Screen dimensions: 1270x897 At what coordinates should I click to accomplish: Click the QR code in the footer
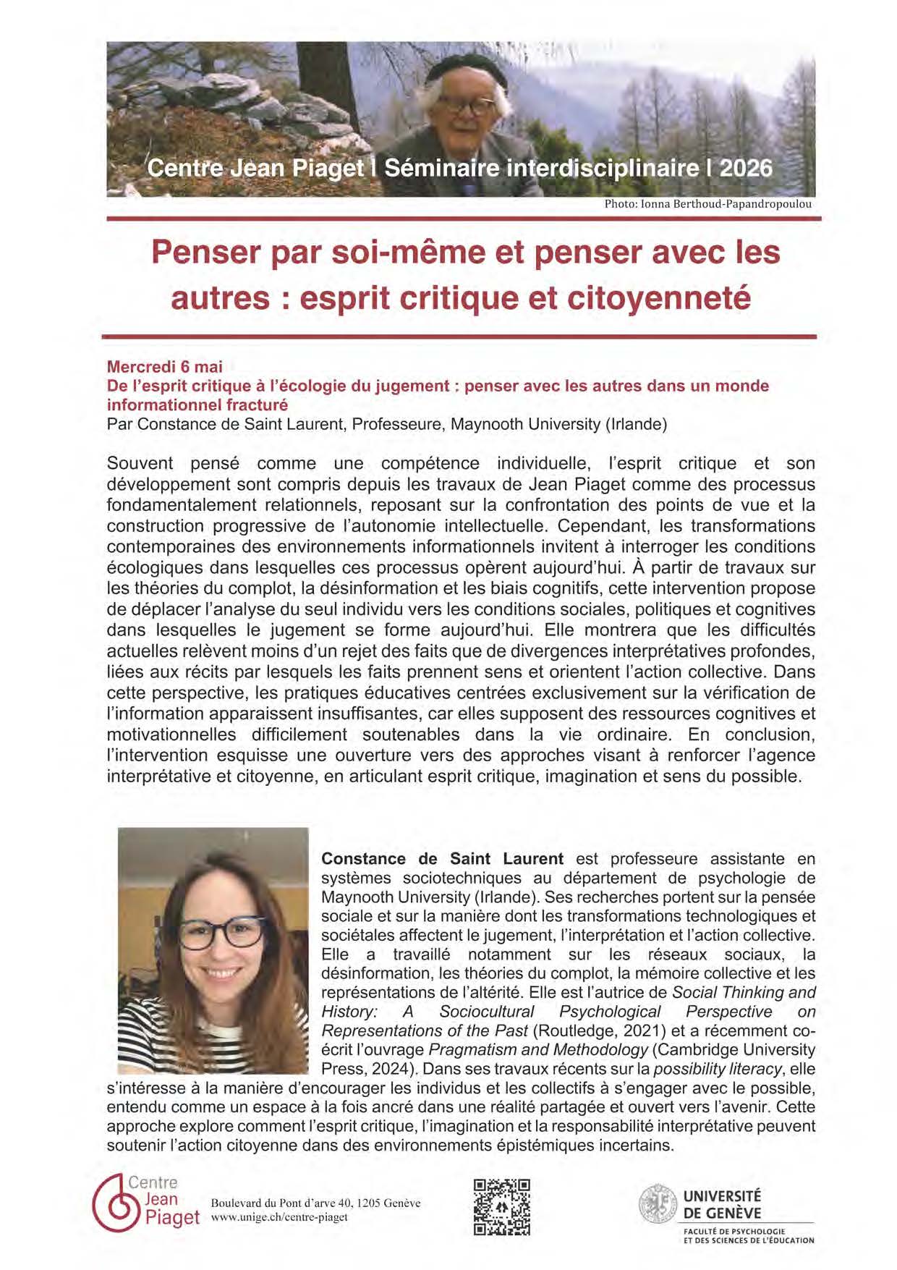[x=502, y=1206]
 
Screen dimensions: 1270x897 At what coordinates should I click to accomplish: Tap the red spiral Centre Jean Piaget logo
[x=114, y=1203]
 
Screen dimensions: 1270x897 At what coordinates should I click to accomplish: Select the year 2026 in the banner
[x=746, y=168]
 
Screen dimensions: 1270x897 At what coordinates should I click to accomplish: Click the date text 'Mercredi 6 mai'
[x=165, y=367]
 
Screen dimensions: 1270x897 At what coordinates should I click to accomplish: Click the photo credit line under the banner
[x=707, y=204]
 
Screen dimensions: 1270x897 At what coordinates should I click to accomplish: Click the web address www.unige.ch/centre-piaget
[x=279, y=1217]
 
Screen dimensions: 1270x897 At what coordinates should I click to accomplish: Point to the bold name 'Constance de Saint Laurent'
[x=442, y=859]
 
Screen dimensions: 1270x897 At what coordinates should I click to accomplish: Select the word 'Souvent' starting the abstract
[x=140, y=463]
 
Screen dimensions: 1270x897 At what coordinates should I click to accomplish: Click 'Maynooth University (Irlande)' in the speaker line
[x=558, y=424]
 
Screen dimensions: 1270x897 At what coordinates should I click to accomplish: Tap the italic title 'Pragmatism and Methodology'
[x=538, y=1049]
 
